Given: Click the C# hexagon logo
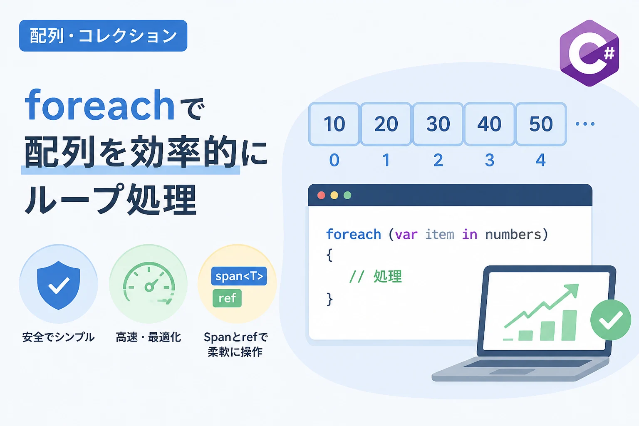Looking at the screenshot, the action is click(x=589, y=53).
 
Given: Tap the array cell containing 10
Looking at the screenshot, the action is click(x=334, y=124).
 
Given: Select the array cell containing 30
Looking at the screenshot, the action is click(x=438, y=124).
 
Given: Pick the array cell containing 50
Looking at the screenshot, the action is click(x=541, y=124).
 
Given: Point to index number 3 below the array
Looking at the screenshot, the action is click(x=490, y=160).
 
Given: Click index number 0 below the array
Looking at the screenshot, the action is click(x=334, y=160).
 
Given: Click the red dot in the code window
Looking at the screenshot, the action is click(x=321, y=196).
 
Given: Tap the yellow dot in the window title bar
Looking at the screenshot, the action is click(x=334, y=196).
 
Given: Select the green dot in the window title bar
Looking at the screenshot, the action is click(x=347, y=196).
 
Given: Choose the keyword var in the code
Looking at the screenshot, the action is click(x=406, y=235).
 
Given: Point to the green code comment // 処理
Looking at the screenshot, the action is click(x=376, y=276).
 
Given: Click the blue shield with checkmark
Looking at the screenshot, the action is click(x=59, y=285).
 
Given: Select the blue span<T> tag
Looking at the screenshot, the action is click(x=239, y=276).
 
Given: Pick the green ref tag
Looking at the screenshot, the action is click(x=227, y=298).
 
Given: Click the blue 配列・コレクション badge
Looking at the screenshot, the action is click(x=103, y=36).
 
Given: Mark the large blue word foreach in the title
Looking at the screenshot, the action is click(x=100, y=105).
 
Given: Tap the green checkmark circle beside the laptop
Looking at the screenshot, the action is click(x=610, y=320).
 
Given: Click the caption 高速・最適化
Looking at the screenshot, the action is click(x=149, y=337).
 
